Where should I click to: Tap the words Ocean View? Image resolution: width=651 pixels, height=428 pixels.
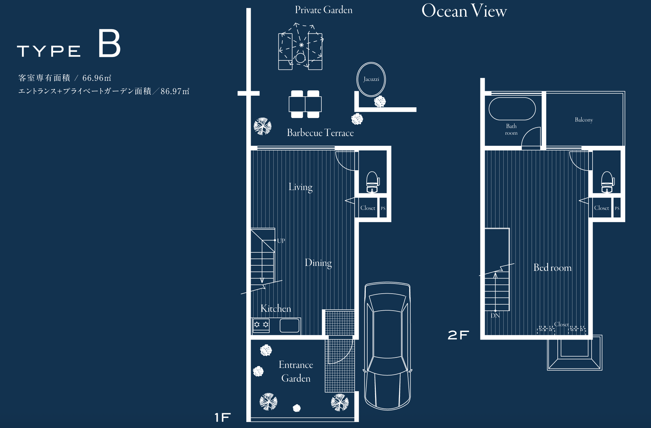pyautogui.click(x=464, y=11)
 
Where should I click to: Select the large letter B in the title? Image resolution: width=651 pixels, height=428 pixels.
pyautogui.click(x=109, y=43)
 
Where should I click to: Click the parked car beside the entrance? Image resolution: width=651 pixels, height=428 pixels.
pyautogui.click(x=387, y=346)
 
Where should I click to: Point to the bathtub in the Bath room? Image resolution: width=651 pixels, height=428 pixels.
pyautogui.click(x=512, y=109)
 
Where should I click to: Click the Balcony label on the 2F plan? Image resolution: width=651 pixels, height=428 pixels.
pyautogui.click(x=584, y=120)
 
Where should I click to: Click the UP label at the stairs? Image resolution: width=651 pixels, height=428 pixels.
pyautogui.click(x=281, y=241)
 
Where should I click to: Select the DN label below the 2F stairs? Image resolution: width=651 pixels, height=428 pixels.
pyautogui.click(x=495, y=316)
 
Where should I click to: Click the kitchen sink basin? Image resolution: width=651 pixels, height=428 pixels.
pyautogui.click(x=289, y=325)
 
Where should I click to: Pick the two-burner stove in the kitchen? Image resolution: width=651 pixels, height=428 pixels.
pyautogui.click(x=261, y=325)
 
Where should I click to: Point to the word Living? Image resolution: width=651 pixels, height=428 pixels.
pyautogui.click(x=300, y=187)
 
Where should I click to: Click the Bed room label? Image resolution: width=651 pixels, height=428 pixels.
pyautogui.click(x=552, y=267)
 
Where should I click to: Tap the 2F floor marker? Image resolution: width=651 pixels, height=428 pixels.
pyautogui.click(x=458, y=335)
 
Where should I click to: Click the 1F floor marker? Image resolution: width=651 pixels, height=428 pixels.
pyautogui.click(x=222, y=418)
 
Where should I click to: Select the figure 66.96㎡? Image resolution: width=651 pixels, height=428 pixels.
pyautogui.click(x=97, y=78)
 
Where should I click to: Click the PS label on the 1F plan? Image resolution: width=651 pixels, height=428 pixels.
pyautogui.click(x=383, y=208)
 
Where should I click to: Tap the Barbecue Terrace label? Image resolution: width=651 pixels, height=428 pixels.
pyautogui.click(x=320, y=133)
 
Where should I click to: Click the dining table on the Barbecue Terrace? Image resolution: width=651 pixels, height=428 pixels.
pyautogui.click(x=305, y=104)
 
